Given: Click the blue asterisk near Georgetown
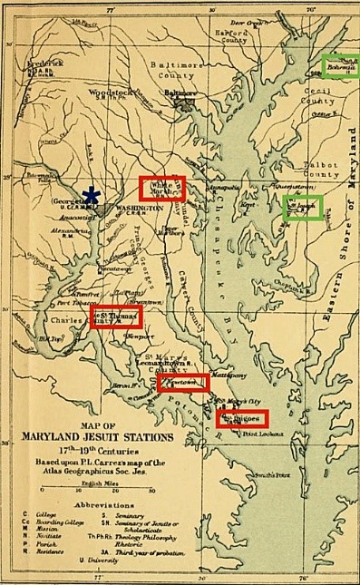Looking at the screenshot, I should (x=91, y=195).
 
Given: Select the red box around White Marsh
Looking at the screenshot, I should (x=162, y=188).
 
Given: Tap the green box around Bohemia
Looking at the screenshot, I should (x=341, y=64).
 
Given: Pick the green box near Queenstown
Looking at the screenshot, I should (x=302, y=206).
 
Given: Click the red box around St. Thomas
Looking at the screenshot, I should (x=116, y=317).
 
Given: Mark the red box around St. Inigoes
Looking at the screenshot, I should (x=243, y=418).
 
